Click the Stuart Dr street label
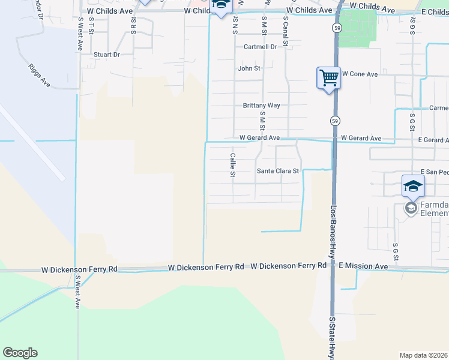click(107, 55)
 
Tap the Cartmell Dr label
click(260, 46)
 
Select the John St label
click(249, 68)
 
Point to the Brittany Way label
click(261, 105)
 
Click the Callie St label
click(232, 165)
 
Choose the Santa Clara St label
click(278, 171)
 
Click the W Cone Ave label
click(360, 74)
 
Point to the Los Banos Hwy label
click(334, 234)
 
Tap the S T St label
click(91, 26)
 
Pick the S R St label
click(133, 26)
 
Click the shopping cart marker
click(328, 77)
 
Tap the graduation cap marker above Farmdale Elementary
click(413, 185)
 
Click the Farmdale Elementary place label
click(433, 209)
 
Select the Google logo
click(20, 353)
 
